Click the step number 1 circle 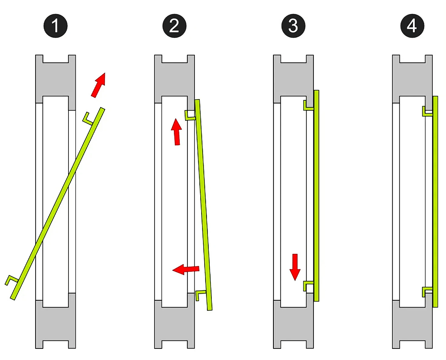(x=55, y=25)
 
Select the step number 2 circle (x=174, y=25)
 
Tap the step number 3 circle (x=293, y=25)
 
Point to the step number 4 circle (x=412, y=25)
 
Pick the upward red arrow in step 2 (x=176, y=132)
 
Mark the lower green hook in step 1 (x=12, y=280)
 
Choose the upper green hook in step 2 (x=190, y=116)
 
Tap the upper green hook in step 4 (x=427, y=112)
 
